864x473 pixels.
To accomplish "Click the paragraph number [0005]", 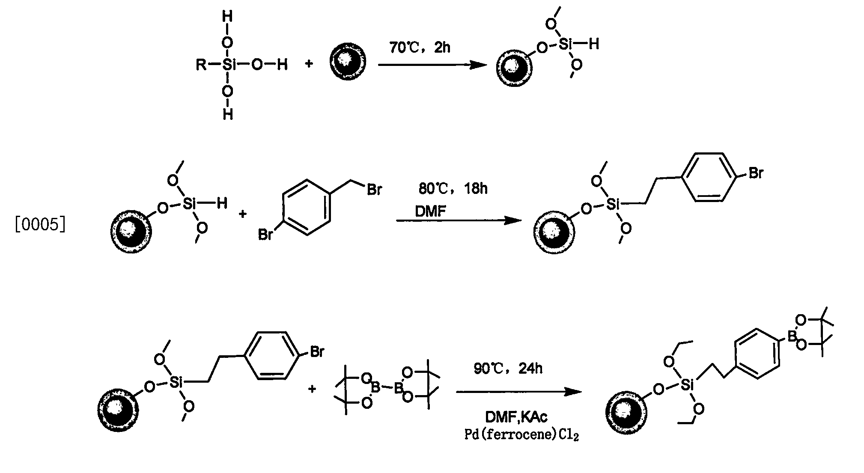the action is pos(40,224).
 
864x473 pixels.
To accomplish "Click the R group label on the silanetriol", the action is pos(201,65).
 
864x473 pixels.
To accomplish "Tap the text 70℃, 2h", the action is pos(420,47).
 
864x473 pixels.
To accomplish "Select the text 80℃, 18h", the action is pos(453,188).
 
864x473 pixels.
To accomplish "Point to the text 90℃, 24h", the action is pos(508,368).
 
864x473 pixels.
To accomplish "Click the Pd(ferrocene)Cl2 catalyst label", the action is pos(522,435).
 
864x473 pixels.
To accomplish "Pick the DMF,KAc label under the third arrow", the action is pos(516,417).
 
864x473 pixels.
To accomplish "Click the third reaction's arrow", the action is pos(519,392).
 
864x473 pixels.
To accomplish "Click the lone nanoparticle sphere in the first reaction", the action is pos(348,62).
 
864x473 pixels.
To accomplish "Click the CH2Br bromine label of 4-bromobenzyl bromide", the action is pos(374,189).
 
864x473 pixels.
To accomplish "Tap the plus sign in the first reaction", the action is pos(309,64).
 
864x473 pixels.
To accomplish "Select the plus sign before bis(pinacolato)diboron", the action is pos(312,389).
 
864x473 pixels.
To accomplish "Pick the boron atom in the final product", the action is pos(792,338).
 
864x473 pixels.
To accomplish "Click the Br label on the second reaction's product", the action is pos(756,173).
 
